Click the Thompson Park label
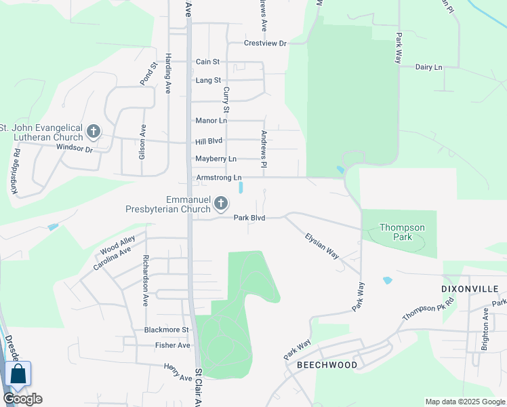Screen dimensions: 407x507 (402, 233)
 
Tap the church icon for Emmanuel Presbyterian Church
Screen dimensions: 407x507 (220, 203)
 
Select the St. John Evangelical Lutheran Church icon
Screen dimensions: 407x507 (94, 130)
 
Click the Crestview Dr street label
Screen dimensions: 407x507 (266, 43)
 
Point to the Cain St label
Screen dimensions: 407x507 (208, 62)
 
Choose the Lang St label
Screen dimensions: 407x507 (208, 80)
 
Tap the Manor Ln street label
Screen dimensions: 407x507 (211, 121)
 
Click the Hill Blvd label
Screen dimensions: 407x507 (209, 141)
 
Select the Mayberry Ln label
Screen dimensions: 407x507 (216, 159)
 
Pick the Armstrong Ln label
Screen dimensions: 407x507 (219, 178)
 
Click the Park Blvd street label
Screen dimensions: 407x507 (249, 218)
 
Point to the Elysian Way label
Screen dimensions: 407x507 (322, 246)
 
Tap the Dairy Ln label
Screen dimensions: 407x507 (428, 67)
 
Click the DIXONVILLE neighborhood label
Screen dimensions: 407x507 (464, 288)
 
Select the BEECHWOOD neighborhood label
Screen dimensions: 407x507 (327, 365)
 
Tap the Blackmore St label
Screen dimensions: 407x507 (166, 330)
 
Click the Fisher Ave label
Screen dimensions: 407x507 (172, 345)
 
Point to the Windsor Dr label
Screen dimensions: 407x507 (74, 147)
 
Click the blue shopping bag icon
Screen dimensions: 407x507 (18, 374)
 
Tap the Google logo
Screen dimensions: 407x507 (22, 399)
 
